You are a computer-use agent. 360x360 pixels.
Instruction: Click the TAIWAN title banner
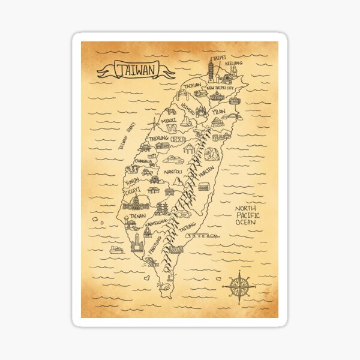(136, 70)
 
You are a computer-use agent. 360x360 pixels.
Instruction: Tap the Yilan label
(218, 111)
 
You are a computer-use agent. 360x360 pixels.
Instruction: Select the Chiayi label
(133, 191)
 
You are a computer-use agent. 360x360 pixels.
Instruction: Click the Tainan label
(137, 215)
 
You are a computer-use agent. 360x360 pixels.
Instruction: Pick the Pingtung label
(155, 247)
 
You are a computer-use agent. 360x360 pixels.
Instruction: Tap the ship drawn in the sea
(116, 249)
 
